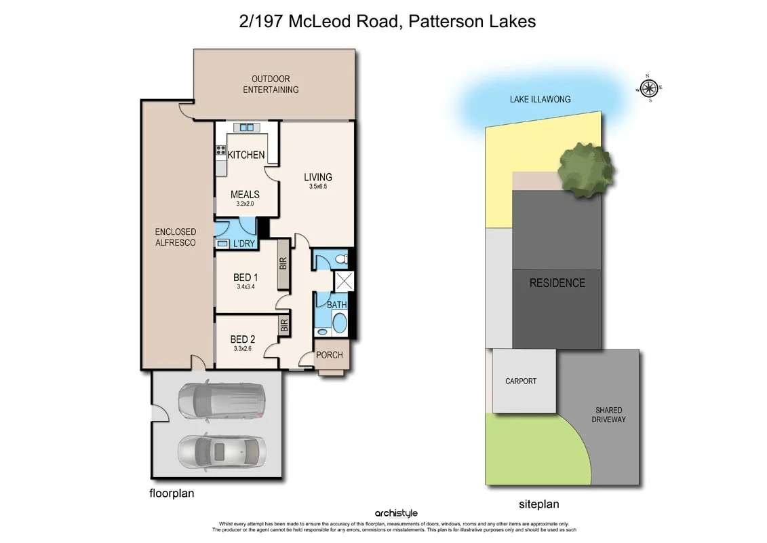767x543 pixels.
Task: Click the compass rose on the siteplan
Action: pyautogui.click(x=649, y=88)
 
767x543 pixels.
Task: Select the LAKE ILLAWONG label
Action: pyautogui.click(x=540, y=99)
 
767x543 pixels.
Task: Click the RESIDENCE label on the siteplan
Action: pyautogui.click(x=557, y=283)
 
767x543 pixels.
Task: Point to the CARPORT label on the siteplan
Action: pyautogui.click(x=520, y=381)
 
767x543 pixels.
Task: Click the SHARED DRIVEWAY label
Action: pyautogui.click(x=608, y=415)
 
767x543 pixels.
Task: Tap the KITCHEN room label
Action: pyautogui.click(x=245, y=155)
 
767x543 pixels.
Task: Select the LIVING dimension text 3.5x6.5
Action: pyautogui.click(x=317, y=187)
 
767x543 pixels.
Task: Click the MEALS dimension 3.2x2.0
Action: pyautogui.click(x=244, y=204)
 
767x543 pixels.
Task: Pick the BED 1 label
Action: pyautogui.click(x=245, y=277)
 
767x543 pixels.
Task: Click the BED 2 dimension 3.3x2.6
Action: pyautogui.click(x=243, y=349)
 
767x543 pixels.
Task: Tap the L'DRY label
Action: pyautogui.click(x=243, y=244)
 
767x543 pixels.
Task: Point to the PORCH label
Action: pyautogui.click(x=330, y=355)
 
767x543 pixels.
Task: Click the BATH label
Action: pyautogui.click(x=337, y=305)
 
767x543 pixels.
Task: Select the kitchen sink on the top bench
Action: pyautogui.click(x=245, y=128)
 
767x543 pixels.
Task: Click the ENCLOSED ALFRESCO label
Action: pyautogui.click(x=175, y=238)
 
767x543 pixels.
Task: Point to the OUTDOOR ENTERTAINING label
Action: pyautogui.click(x=271, y=84)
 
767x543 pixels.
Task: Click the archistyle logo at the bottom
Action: pyautogui.click(x=397, y=514)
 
